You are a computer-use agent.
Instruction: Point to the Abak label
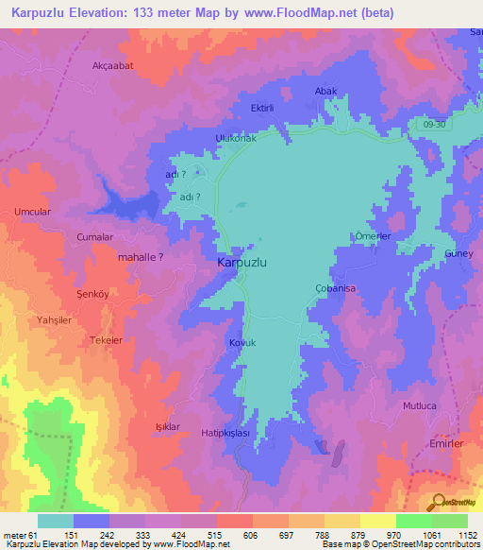click(x=325, y=91)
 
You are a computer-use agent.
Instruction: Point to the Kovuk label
click(x=242, y=343)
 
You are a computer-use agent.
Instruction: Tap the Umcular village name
click(x=32, y=213)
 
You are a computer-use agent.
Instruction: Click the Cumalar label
click(x=95, y=237)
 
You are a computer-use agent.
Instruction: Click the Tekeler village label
click(x=106, y=340)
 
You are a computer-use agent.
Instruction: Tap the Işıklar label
click(x=167, y=427)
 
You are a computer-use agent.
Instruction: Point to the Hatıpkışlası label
click(x=225, y=432)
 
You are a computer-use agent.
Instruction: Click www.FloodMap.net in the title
click(x=294, y=13)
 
